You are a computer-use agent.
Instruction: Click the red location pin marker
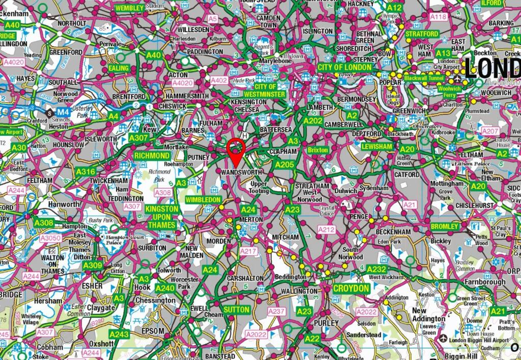click(x=236, y=147)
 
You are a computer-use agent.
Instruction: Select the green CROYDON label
click(x=351, y=288)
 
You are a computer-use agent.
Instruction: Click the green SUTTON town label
click(x=237, y=310)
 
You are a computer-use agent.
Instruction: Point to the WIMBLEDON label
click(x=203, y=200)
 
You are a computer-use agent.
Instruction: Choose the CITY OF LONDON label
click(x=344, y=67)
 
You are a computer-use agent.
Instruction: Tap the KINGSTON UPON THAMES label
click(x=162, y=217)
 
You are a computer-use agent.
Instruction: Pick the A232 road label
click(x=377, y=269)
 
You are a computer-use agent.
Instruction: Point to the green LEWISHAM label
click(x=377, y=146)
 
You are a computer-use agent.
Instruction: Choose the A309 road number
click(x=93, y=265)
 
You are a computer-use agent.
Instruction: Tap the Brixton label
click(x=318, y=150)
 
